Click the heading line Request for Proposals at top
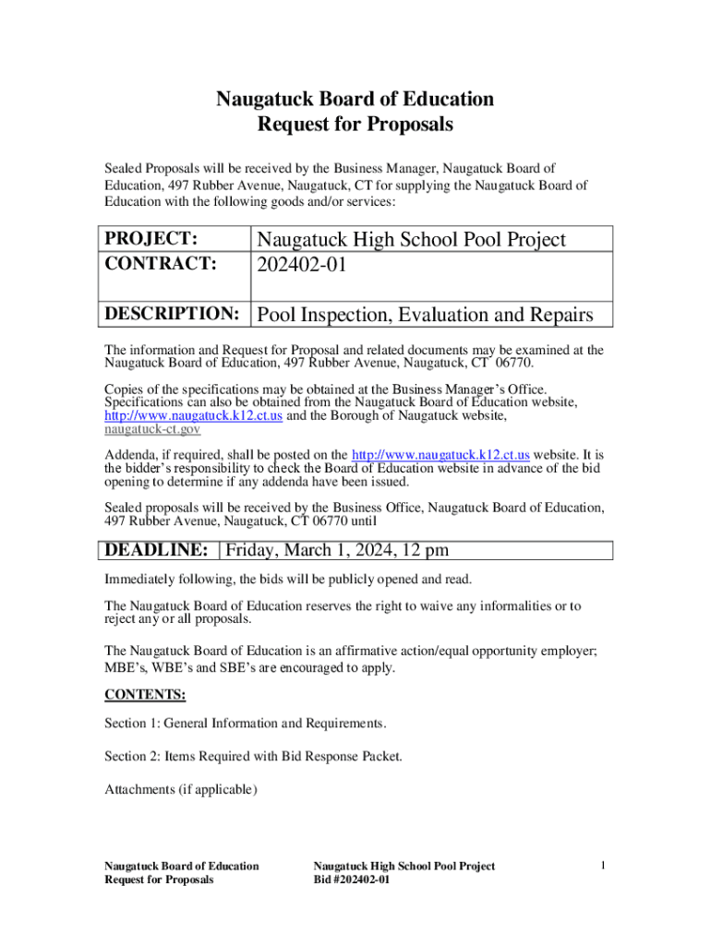355,125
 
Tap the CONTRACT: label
161,264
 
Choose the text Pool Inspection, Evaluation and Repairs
425,315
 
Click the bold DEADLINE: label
156,551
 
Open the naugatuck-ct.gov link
152,429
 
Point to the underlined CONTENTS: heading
145,694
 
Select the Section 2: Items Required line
254,757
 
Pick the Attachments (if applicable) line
181,790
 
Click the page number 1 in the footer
601,866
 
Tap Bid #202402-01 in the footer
352,880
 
